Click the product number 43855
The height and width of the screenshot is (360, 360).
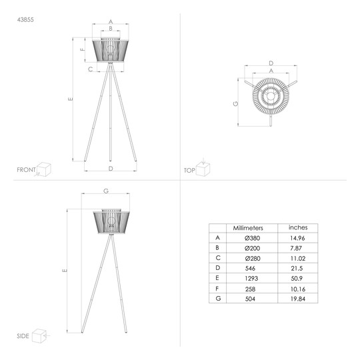coord(25,20)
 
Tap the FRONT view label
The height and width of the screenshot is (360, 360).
coord(26,170)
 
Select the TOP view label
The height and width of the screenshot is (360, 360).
coord(189,171)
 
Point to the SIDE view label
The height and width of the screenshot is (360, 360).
coord(23,336)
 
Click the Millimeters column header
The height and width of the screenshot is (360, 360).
coord(248,228)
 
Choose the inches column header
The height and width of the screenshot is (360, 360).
coord(298,227)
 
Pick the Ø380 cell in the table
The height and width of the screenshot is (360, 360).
coord(252,238)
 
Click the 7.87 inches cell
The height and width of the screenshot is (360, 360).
coord(296,248)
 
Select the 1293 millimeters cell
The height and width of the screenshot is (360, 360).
coord(251,279)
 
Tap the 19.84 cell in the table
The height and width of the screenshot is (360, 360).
coord(298,299)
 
